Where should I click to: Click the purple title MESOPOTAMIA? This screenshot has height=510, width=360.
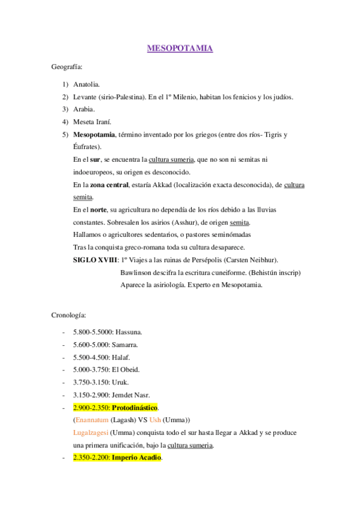(x=180, y=48)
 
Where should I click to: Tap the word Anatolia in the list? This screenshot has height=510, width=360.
(x=87, y=85)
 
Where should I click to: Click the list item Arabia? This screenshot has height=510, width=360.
(x=84, y=109)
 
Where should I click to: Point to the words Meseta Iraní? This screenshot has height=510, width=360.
(x=93, y=122)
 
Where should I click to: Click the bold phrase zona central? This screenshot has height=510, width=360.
(x=109, y=185)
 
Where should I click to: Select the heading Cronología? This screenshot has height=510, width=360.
(x=69, y=315)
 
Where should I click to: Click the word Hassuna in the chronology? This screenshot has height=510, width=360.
(x=128, y=331)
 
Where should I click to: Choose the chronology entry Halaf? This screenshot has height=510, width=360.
(x=120, y=357)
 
